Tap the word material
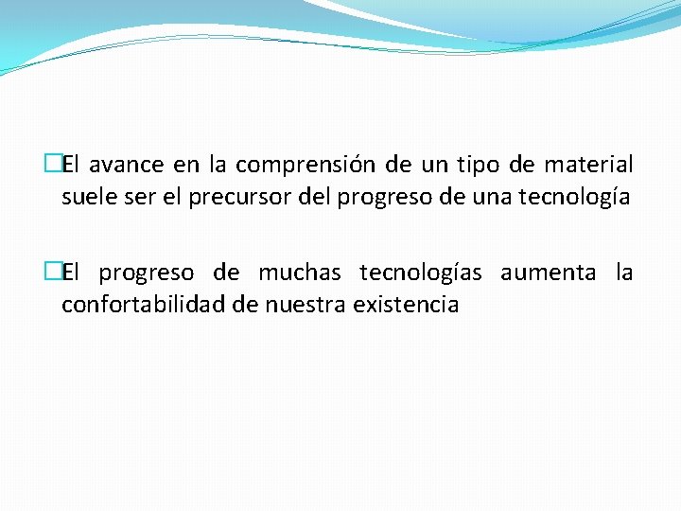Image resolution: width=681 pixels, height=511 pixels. [x=589, y=166]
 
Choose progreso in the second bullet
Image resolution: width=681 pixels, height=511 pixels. [x=148, y=273]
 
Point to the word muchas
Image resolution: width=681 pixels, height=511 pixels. [x=300, y=273]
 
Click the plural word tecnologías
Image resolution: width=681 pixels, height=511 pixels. [x=421, y=273]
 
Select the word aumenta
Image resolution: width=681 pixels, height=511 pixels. [x=549, y=273]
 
